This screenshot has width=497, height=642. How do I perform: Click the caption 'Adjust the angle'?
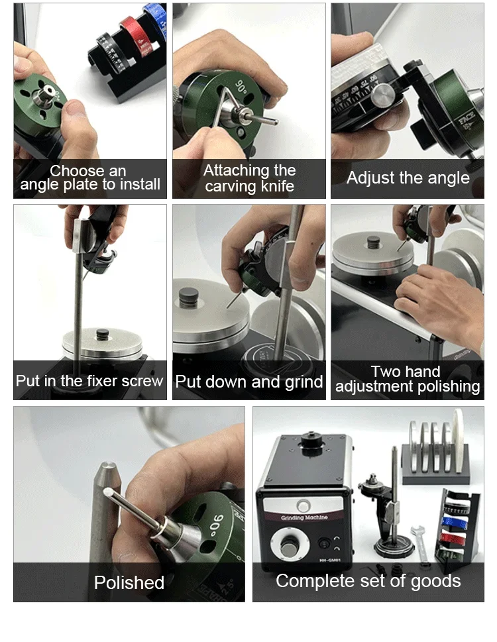408,178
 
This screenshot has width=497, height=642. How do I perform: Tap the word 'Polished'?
129,582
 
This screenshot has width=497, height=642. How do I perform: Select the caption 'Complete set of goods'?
368,581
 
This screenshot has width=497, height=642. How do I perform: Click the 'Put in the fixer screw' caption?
89,381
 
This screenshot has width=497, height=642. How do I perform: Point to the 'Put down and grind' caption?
248,382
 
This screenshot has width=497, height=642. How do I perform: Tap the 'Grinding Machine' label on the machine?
305,517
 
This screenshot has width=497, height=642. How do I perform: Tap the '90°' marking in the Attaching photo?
239,88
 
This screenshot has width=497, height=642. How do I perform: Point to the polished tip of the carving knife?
108,494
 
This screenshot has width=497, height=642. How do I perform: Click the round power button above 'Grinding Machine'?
304,506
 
